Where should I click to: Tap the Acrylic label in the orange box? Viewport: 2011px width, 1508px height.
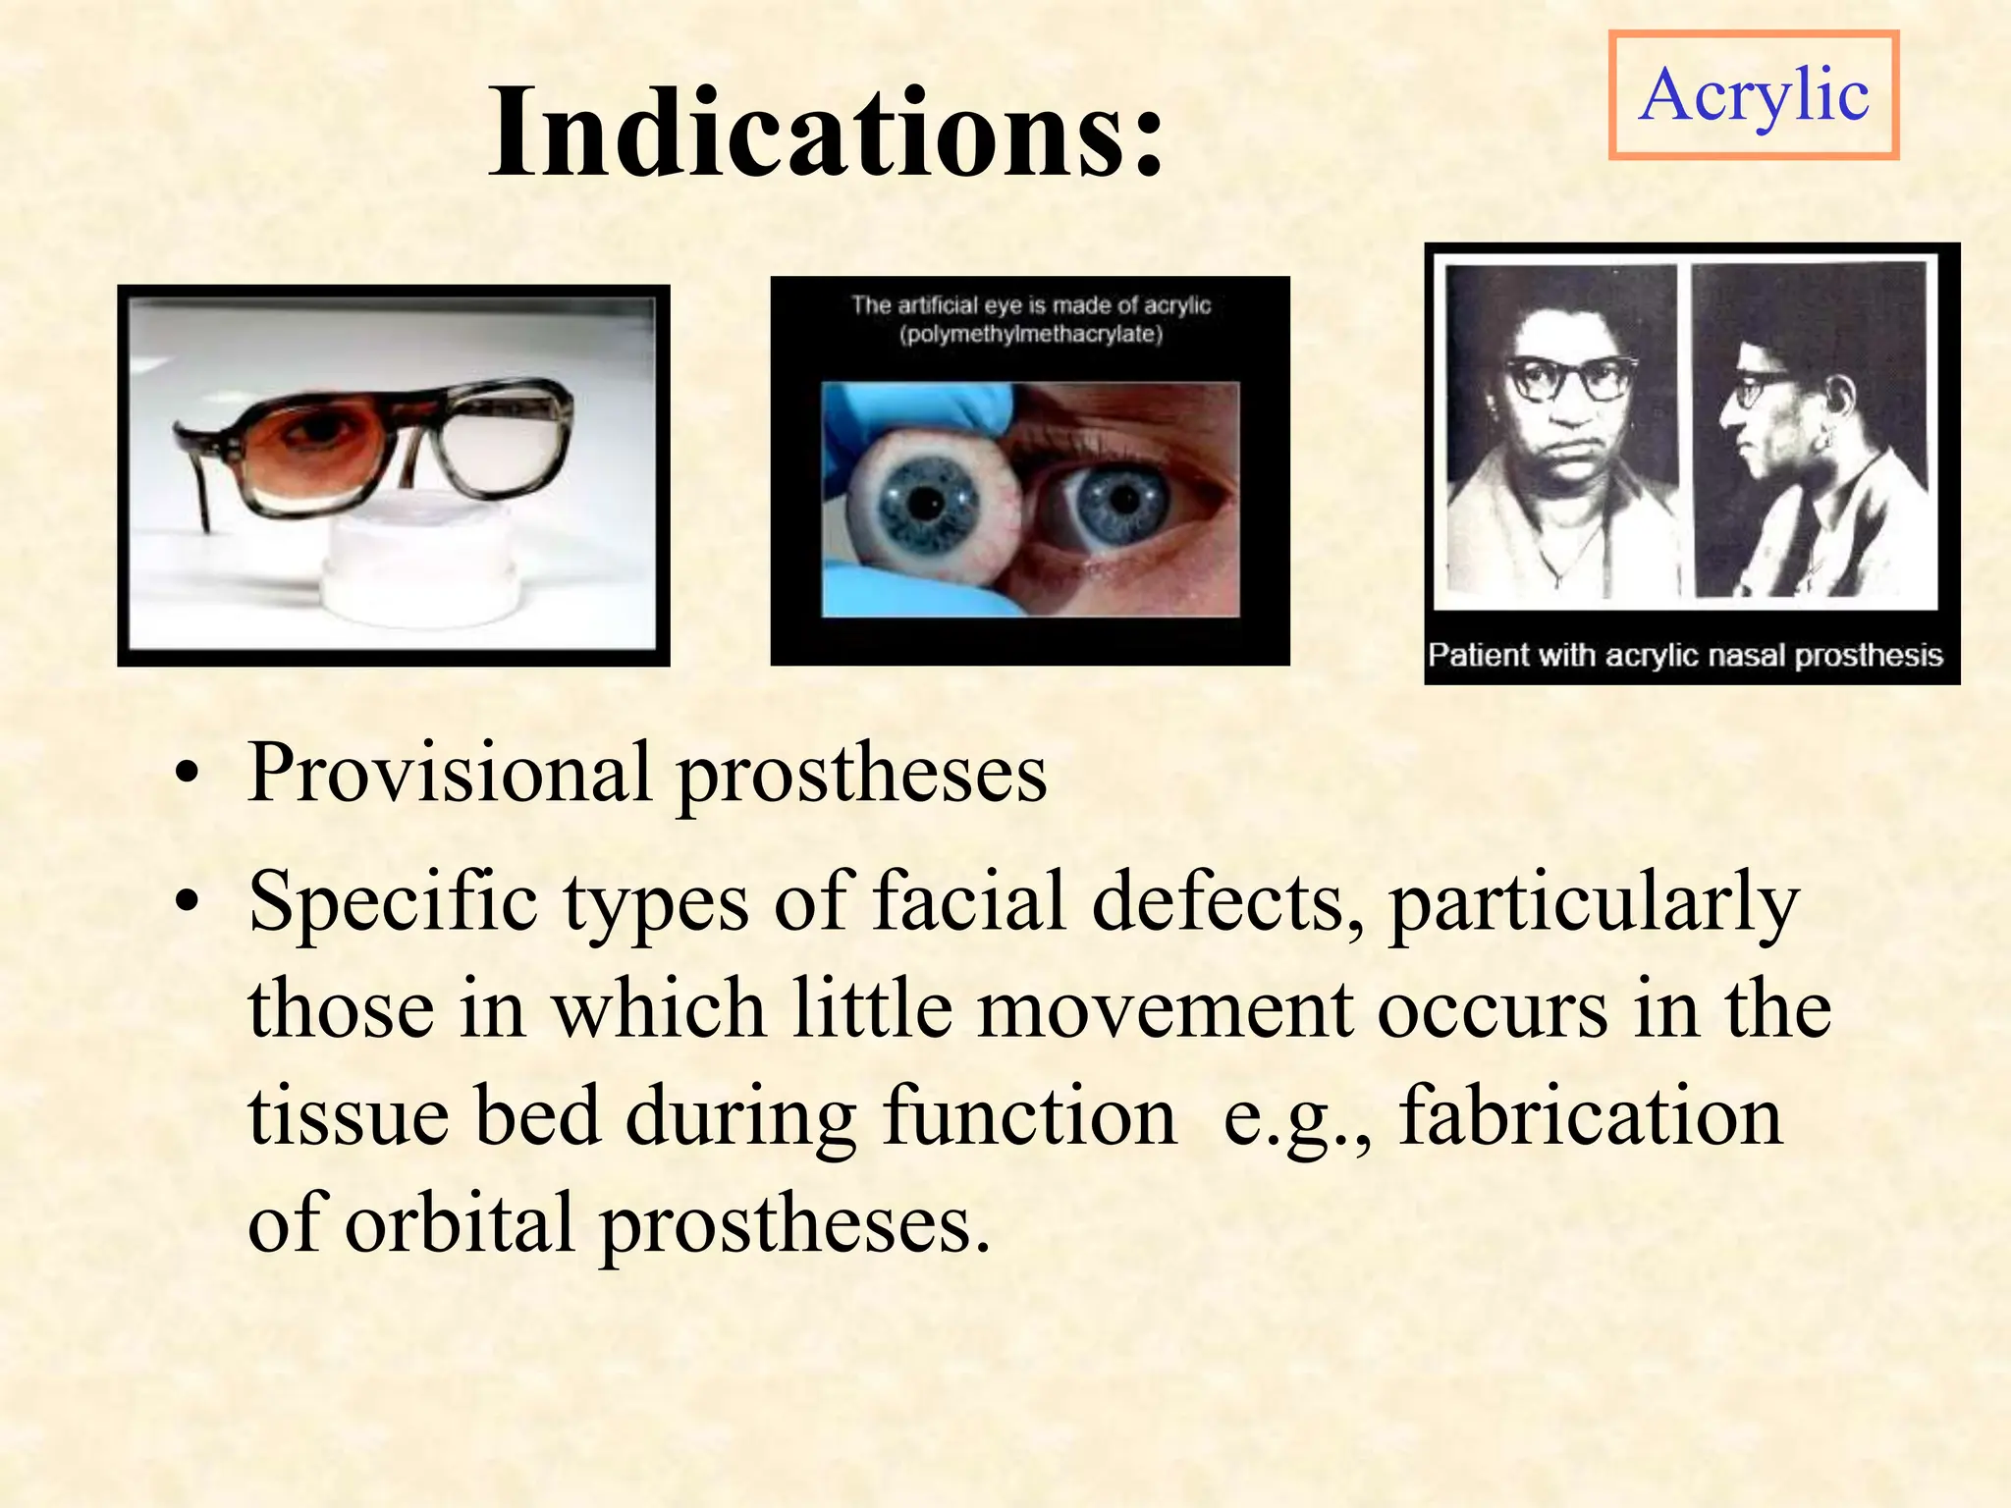[x=1753, y=95]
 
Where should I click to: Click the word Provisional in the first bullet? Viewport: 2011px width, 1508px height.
[x=449, y=773]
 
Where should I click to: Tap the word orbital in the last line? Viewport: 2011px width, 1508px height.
[x=460, y=1224]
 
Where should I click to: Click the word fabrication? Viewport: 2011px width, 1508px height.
[x=1591, y=1116]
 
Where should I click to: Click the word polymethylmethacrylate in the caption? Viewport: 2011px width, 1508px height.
[x=1030, y=335]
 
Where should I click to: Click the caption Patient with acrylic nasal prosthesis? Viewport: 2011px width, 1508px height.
[x=1685, y=655]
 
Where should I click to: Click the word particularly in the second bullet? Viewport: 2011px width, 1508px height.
[x=1593, y=901]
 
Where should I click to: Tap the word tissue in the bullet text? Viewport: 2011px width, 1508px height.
[x=348, y=1116]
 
